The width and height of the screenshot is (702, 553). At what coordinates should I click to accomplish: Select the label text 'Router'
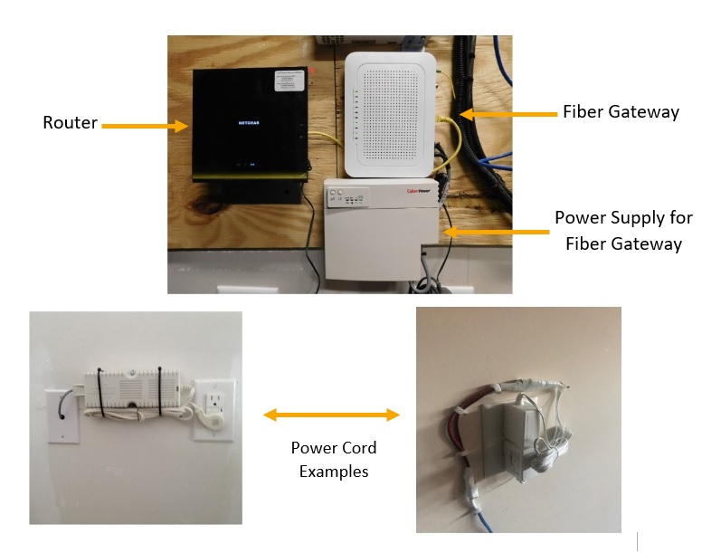point(70,123)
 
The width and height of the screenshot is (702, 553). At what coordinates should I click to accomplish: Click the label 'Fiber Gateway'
point(620,112)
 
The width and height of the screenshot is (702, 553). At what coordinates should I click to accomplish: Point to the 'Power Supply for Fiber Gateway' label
point(623,231)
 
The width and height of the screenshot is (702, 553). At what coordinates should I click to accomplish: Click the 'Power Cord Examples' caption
point(334,460)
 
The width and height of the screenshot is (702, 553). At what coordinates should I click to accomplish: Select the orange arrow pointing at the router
point(144,127)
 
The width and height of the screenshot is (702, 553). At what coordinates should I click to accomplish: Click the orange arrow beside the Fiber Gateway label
point(506,114)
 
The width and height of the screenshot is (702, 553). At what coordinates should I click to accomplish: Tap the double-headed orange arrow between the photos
point(331,415)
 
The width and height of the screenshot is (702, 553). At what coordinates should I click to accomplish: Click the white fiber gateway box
point(390,112)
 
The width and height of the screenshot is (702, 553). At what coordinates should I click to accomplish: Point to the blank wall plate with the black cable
point(61,412)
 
